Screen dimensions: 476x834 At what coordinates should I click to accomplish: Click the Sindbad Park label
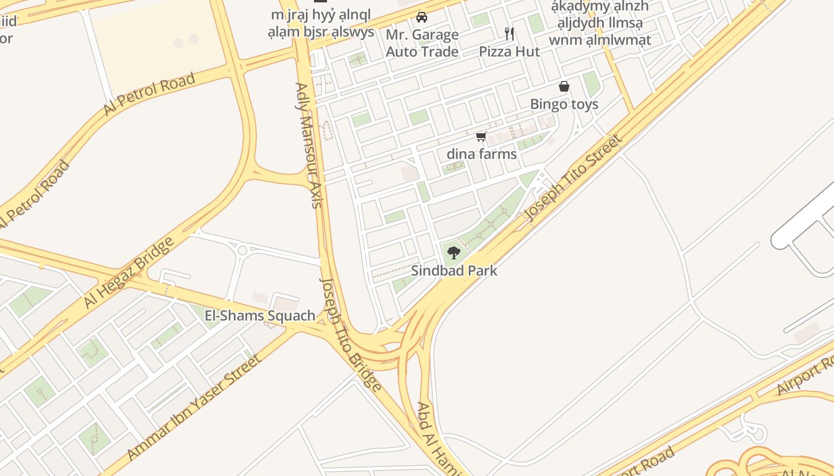click(x=454, y=271)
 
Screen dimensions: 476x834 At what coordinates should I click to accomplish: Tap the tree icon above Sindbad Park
click(x=454, y=253)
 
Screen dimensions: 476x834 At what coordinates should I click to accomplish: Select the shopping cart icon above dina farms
click(x=481, y=137)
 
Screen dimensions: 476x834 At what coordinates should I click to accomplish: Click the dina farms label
click(x=481, y=154)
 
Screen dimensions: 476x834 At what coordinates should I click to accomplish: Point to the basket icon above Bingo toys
click(x=564, y=87)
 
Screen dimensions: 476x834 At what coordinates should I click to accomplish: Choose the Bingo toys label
click(x=564, y=104)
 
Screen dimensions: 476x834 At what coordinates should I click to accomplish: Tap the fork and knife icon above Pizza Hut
click(x=509, y=33)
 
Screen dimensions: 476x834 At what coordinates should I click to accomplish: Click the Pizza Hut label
click(x=509, y=52)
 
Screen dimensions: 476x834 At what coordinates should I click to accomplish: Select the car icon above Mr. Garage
click(x=422, y=17)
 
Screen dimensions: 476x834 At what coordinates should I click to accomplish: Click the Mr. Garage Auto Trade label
click(x=422, y=43)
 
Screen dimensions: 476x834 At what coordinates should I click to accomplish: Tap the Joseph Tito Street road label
click(x=573, y=178)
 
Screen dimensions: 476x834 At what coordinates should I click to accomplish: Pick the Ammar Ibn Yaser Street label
click(x=194, y=408)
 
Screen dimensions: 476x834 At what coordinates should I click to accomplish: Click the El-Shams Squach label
click(x=260, y=316)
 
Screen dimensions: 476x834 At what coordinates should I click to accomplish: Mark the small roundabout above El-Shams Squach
click(x=242, y=250)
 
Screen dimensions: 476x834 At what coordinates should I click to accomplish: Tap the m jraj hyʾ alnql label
click(x=320, y=23)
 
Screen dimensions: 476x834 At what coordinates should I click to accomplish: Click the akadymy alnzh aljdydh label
click(x=600, y=23)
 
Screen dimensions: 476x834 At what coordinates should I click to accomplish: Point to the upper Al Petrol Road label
click(x=149, y=94)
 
